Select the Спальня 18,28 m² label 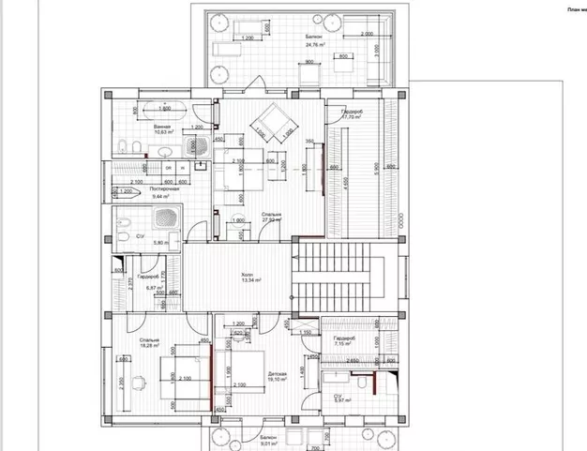(148, 343)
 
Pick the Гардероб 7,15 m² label (344, 340)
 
